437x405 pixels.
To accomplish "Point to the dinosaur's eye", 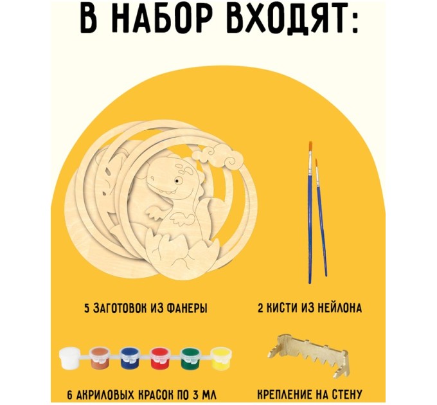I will click(175, 186).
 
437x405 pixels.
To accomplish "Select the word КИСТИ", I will click(282, 309).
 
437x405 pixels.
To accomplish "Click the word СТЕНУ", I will click(346, 394).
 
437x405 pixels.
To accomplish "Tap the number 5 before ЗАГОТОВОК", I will click(87, 309).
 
